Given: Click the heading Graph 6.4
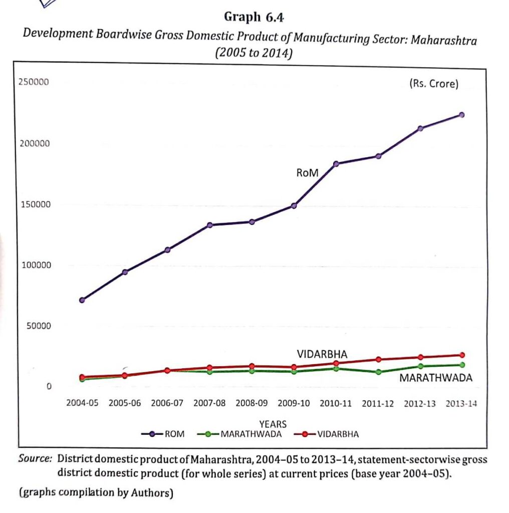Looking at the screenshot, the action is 254,17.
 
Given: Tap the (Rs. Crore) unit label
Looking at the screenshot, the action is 434,84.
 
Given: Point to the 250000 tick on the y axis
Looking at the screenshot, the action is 34,82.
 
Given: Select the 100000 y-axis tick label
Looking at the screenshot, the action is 36,265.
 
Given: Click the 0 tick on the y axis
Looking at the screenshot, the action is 49,386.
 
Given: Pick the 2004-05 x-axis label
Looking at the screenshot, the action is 82,403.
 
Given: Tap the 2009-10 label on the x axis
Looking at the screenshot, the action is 294,403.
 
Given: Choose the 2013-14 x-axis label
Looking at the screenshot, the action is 461,404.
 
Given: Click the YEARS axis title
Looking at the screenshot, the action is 273,424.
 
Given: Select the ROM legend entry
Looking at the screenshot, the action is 163,434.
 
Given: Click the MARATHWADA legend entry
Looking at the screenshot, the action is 239,434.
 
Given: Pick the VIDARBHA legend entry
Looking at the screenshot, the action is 327,434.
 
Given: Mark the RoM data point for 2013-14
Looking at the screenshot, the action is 461,115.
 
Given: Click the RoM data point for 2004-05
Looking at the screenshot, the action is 82,300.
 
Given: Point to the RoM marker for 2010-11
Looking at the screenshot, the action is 336,164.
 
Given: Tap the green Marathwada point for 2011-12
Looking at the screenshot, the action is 378,372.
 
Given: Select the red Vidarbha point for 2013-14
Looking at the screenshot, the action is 462,355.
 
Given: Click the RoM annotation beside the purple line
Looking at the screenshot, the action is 307,173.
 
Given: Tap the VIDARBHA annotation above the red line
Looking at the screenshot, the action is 322,354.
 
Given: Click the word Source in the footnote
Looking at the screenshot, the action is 35,458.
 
